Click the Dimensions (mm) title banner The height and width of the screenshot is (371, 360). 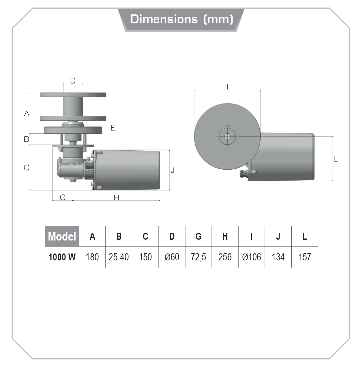point(181,19)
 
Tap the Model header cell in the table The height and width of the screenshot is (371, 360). point(62,236)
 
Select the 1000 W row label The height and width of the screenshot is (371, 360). point(62,257)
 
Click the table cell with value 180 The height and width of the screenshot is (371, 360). point(92,257)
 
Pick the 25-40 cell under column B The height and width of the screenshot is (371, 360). point(119,257)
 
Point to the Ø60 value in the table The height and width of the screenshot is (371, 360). point(172,257)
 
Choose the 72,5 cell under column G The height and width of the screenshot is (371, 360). point(198,257)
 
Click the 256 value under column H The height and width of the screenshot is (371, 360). point(225,257)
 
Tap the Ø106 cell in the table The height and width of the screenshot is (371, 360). point(252,257)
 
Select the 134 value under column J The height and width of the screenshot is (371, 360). point(278,257)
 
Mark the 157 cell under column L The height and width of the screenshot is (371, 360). point(305,257)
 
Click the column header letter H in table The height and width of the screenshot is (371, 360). point(225,236)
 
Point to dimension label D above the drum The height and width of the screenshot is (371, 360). point(73,81)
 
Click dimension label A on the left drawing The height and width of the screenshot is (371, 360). point(27,113)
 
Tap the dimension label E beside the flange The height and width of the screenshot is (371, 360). point(113,128)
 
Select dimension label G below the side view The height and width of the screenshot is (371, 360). point(63,197)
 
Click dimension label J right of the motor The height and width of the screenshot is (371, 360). point(173,171)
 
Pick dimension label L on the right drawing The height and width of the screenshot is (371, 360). point(336,159)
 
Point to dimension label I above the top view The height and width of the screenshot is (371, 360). point(227,87)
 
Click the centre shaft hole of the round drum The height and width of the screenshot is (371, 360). point(227,136)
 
